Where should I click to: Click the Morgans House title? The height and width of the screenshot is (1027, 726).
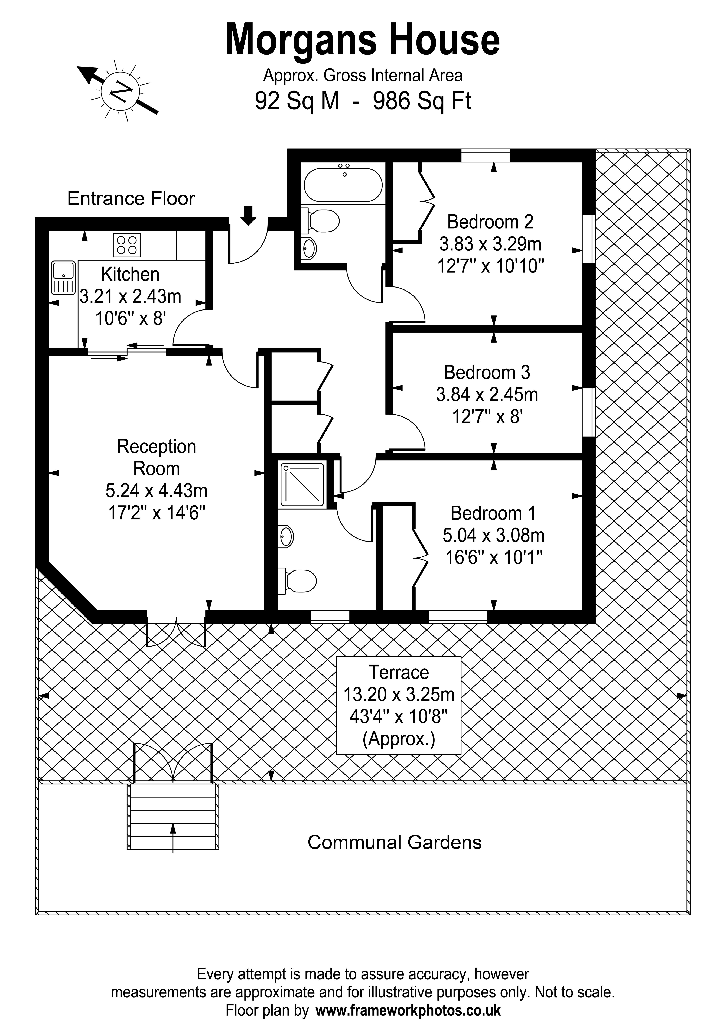click(363, 40)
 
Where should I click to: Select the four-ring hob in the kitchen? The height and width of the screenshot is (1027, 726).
click(127, 245)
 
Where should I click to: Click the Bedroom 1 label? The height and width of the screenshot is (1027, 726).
click(493, 513)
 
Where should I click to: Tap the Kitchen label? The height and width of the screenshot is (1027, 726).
click(130, 274)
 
